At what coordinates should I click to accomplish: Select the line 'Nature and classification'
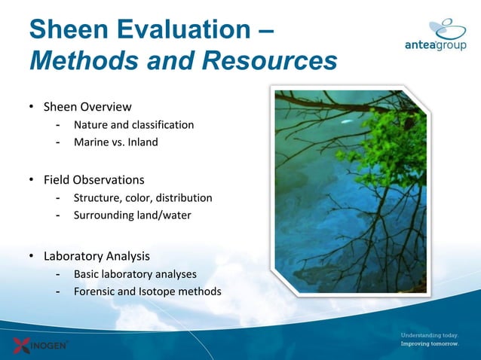click(133, 124)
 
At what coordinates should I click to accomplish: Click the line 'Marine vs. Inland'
click(115, 142)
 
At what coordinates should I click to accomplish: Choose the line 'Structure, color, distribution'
click(142, 198)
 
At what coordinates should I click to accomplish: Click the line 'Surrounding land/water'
click(132, 215)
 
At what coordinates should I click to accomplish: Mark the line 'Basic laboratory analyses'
click(135, 273)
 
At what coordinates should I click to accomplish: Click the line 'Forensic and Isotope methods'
click(147, 291)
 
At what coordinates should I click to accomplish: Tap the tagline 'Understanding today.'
click(429, 334)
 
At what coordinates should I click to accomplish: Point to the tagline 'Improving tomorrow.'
click(429, 343)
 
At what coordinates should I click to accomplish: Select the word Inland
click(142, 142)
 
